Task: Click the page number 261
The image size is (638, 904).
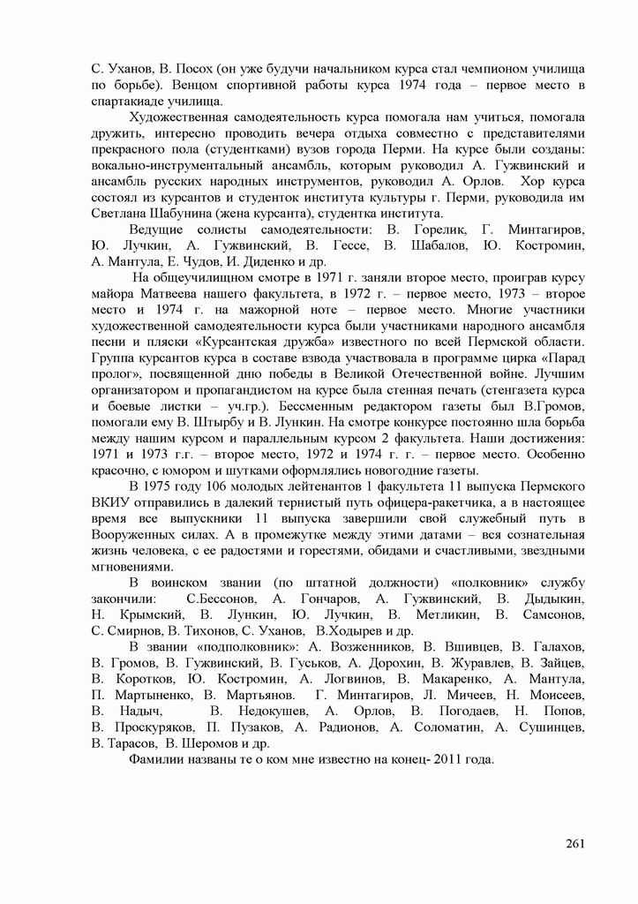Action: pyautogui.click(x=575, y=842)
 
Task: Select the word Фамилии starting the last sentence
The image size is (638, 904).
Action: pyautogui.click(x=158, y=760)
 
